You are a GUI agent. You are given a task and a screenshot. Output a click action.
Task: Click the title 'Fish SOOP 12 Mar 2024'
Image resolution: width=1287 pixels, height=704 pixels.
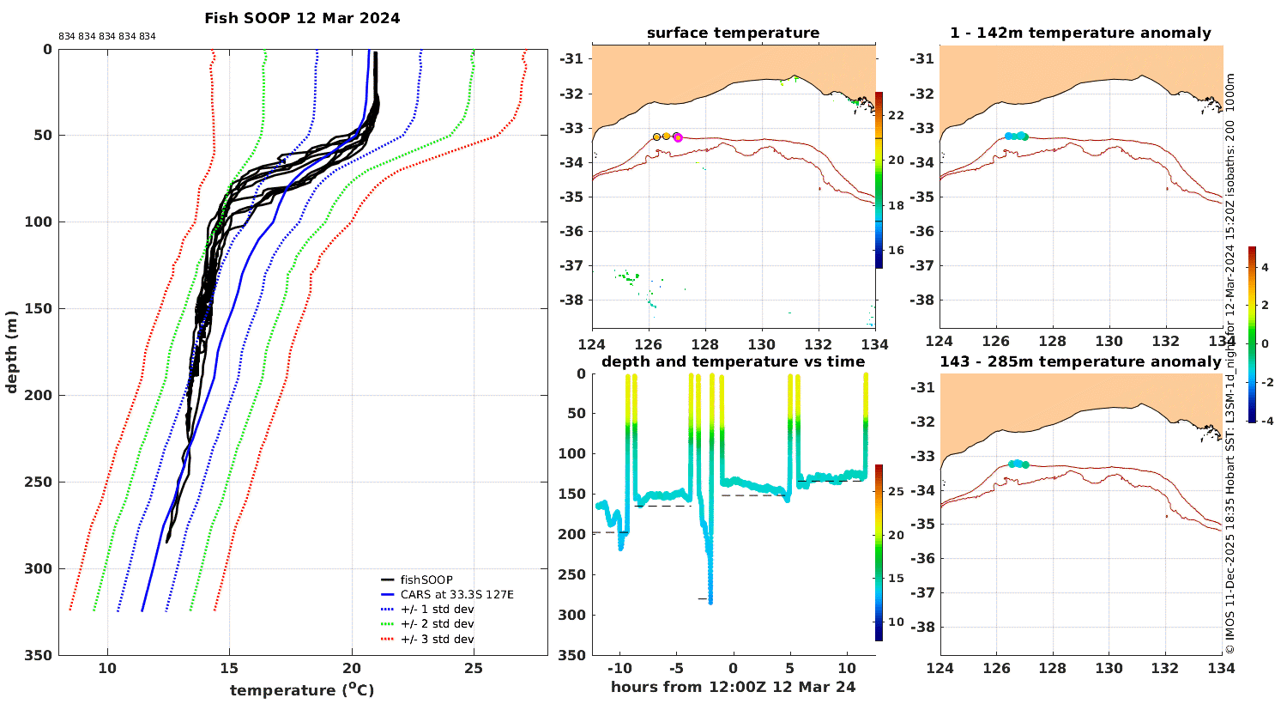[x=302, y=18]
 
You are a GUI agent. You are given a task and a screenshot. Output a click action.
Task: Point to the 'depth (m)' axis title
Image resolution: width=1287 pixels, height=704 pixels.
[x=11, y=352]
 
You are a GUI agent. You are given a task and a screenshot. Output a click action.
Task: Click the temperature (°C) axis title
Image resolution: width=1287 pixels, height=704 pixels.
[x=302, y=689]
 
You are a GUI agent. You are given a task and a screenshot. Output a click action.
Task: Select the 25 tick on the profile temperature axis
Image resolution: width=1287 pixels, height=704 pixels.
[x=474, y=668]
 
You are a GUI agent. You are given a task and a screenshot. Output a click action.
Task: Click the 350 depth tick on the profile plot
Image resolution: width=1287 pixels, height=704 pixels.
[x=39, y=655]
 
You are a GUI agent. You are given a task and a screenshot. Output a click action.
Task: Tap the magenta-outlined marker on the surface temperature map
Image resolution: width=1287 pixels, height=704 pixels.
[x=678, y=137]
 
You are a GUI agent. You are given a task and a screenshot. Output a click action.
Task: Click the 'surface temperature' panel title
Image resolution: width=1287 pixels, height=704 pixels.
[x=733, y=33]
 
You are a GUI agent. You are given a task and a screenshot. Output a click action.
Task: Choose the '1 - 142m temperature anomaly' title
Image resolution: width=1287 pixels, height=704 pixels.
[x=1081, y=33]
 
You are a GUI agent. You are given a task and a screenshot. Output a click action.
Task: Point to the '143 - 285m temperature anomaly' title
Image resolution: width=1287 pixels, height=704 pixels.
[x=1080, y=362]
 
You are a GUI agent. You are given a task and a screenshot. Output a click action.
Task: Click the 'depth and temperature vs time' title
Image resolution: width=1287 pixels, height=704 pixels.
[x=733, y=362]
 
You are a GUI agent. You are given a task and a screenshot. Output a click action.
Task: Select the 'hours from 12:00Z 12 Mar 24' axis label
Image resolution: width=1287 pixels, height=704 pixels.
[x=733, y=688]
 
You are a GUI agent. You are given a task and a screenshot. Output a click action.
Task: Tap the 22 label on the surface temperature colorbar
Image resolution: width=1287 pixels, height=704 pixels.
[x=897, y=116]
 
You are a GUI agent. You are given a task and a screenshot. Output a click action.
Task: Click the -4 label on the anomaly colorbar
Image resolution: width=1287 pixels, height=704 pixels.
[x=1266, y=422]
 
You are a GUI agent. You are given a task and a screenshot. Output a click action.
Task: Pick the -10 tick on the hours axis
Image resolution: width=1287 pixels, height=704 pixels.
[x=620, y=668]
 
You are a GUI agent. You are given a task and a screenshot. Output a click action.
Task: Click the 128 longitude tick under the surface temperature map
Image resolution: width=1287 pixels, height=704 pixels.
[x=705, y=345]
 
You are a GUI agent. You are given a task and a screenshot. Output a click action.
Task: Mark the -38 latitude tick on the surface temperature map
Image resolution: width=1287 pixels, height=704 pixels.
[x=571, y=300]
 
